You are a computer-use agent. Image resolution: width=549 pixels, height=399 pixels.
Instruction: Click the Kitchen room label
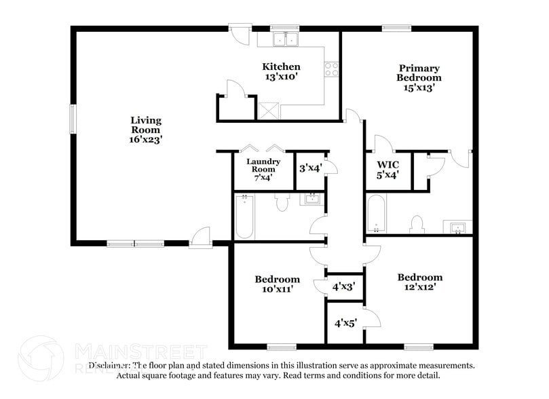282,72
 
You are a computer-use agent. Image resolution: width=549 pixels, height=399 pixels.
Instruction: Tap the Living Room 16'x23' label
147,130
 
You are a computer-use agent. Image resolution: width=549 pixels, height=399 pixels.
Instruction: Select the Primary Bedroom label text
419,77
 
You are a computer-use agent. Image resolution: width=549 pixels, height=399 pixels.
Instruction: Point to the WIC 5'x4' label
387,170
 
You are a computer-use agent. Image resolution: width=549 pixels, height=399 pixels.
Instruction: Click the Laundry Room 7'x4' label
263,170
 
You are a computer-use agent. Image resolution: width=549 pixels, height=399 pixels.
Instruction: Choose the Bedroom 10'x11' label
277,284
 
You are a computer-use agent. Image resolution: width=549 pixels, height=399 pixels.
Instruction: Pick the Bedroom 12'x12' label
419,282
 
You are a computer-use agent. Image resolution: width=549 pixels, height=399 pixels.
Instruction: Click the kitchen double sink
286,39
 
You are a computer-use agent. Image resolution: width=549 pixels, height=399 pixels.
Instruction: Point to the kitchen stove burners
332,69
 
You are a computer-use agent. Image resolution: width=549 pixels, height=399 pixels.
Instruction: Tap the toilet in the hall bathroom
284,201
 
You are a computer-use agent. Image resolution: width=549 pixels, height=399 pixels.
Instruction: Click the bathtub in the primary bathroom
375,214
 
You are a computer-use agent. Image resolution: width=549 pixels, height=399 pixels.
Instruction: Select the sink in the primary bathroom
456,226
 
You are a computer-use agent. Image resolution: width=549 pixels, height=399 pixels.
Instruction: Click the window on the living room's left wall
72,119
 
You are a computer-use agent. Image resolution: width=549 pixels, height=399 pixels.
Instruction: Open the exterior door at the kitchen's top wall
240,34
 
